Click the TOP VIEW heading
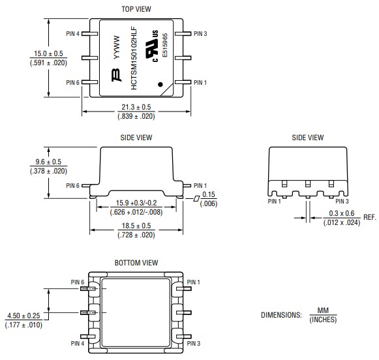[136, 9]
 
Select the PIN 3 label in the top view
[201, 33]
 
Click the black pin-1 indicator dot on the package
[161, 84]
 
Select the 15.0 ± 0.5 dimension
[49, 54]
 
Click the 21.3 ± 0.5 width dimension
[136, 107]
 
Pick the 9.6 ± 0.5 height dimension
[49, 162]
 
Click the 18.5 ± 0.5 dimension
[136, 226]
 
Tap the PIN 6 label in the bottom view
[78, 282]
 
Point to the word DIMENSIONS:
[281, 314]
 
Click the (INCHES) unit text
[323, 319]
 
